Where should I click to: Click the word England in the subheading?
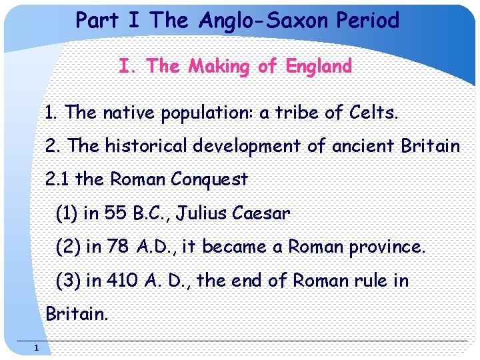click(318, 67)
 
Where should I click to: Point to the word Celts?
click(373, 113)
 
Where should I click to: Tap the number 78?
click(118, 247)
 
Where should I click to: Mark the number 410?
click(123, 281)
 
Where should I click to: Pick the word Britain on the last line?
click(76, 314)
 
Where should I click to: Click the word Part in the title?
click(98, 21)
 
